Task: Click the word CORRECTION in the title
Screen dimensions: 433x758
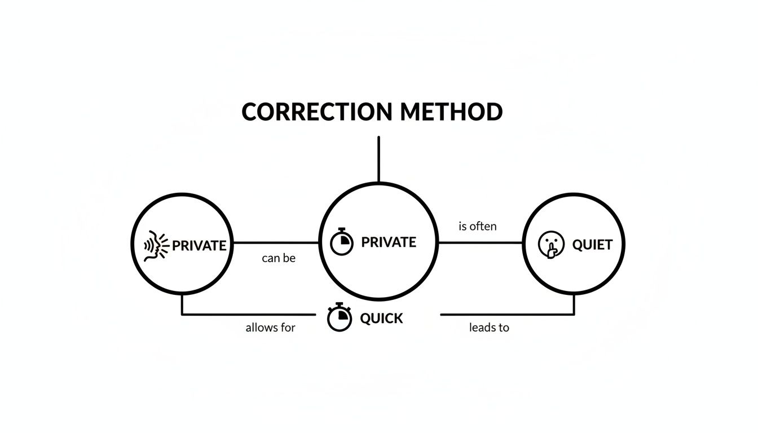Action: pos(318,112)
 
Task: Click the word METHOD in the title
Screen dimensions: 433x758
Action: pos(451,112)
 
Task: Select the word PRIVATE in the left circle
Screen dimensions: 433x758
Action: pos(199,246)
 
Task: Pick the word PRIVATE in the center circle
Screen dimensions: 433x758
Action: pos(389,242)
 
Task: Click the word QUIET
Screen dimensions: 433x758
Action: pos(592,245)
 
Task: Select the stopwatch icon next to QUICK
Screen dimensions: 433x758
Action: pos(340,317)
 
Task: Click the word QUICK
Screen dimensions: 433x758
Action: pos(382,319)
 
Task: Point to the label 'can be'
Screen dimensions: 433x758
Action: pos(279,259)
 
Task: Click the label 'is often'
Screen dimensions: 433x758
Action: pos(478,227)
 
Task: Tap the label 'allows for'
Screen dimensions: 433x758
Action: pos(270,328)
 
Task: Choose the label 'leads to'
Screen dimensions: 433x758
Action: pos(489,328)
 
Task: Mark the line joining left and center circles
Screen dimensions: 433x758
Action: pos(276,243)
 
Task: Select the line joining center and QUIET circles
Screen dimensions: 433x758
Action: pos(481,243)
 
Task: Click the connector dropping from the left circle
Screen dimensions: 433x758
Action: pos(182,306)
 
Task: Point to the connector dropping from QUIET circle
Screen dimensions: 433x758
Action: pos(574,306)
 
